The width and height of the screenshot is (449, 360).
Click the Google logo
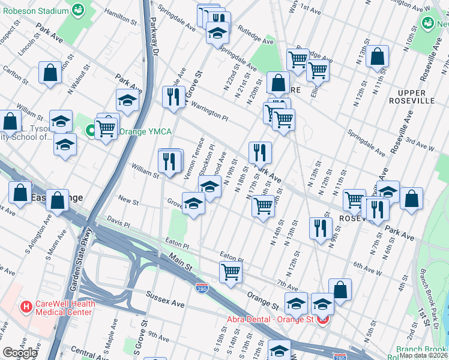(x=20, y=353)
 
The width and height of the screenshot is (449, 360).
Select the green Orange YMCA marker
(x=91, y=130)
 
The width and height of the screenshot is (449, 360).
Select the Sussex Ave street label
(x=166, y=301)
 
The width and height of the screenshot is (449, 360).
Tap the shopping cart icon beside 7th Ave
(x=231, y=271)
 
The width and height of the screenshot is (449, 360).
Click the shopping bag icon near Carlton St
(x=50, y=72)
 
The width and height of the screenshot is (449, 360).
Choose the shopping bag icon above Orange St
(x=340, y=289)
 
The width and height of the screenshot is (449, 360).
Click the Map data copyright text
(x=423, y=355)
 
